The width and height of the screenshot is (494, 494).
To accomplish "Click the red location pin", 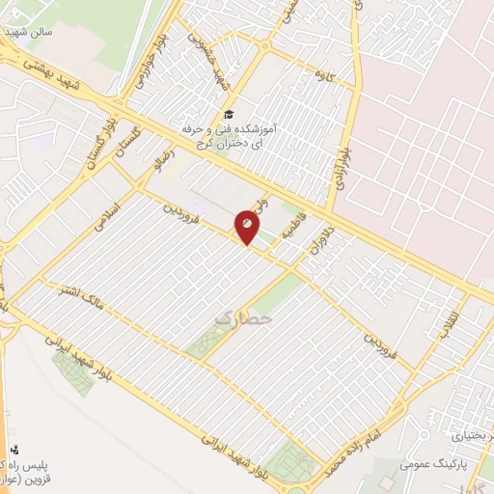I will coord(248,229).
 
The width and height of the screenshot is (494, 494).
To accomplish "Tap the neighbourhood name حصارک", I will coord(242,316).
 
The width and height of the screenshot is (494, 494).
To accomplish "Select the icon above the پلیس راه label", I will coord(14,449).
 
